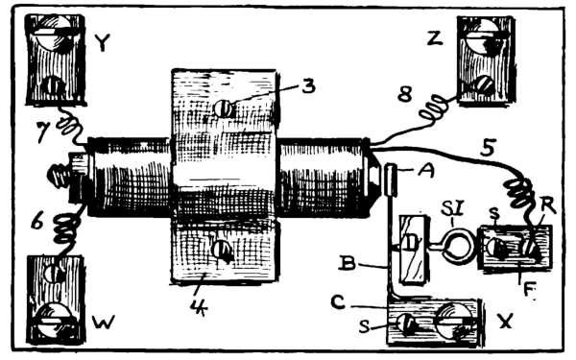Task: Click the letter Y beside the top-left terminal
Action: [102, 42]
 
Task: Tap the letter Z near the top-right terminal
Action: [435, 38]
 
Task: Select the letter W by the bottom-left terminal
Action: [104, 323]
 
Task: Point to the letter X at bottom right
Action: [505, 323]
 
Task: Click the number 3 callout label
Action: [308, 86]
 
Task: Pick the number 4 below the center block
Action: [199, 307]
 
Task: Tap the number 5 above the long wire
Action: [489, 148]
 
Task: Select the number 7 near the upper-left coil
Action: [44, 132]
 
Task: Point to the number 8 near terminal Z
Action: [405, 95]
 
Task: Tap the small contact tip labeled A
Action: [391, 180]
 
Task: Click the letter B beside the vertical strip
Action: [348, 263]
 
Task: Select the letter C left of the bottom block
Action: [338, 302]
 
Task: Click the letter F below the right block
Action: [529, 290]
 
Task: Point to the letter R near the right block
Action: [549, 208]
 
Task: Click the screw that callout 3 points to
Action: [224, 108]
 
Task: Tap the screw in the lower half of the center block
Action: [223, 251]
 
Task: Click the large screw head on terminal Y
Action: [54, 33]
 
